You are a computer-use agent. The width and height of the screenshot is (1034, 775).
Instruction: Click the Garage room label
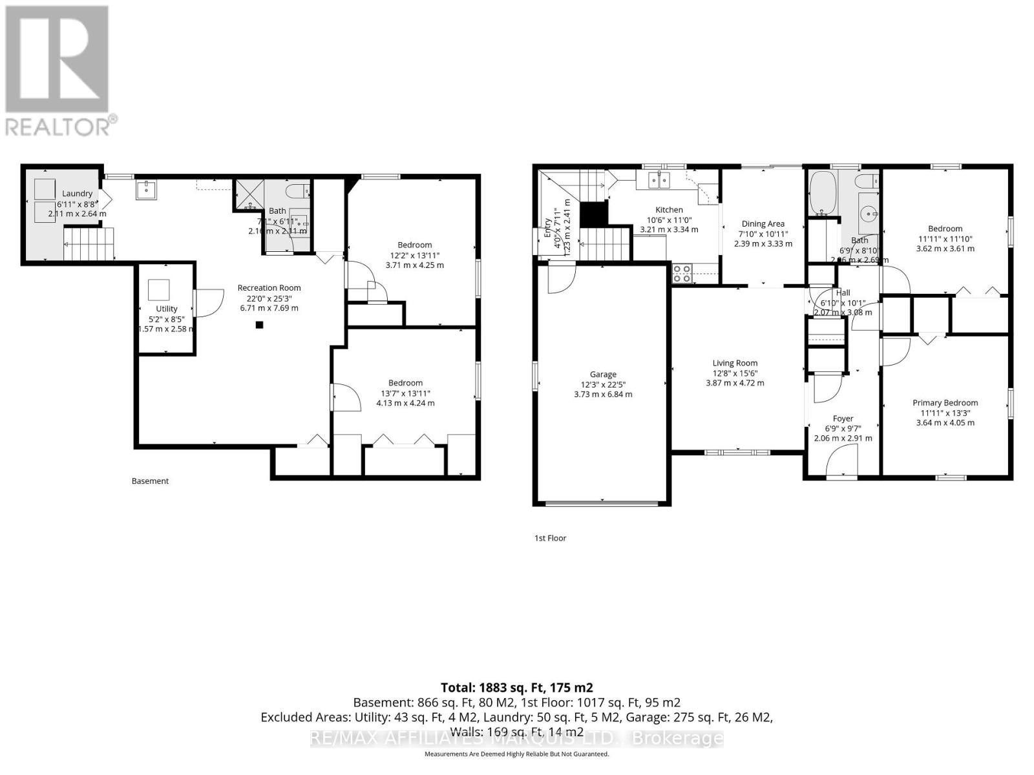click(x=603, y=374)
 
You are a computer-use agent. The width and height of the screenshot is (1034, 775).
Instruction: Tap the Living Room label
click(x=735, y=363)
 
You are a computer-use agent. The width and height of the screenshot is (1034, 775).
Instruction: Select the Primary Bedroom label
click(x=945, y=402)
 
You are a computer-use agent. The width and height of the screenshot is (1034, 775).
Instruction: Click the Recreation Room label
click(x=269, y=287)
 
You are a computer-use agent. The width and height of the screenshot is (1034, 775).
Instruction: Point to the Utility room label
click(x=166, y=309)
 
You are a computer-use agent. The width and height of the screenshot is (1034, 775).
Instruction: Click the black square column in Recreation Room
click(x=259, y=325)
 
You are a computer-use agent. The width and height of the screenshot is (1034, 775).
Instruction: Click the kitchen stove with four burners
click(x=681, y=274)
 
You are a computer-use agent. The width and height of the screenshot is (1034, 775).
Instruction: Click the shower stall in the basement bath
click(x=249, y=195)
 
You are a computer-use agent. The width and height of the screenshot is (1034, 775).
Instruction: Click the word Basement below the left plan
click(x=150, y=481)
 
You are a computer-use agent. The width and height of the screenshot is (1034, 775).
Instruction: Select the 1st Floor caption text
click(x=550, y=538)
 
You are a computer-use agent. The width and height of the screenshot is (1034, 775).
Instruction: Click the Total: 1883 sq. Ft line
click(x=516, y=687)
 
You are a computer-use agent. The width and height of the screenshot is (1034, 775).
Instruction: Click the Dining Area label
click(x=763, y=223)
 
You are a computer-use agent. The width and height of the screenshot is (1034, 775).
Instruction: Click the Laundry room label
click(x=77, y=193)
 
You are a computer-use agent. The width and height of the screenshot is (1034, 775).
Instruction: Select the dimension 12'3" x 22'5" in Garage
click(x=603, y=384)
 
